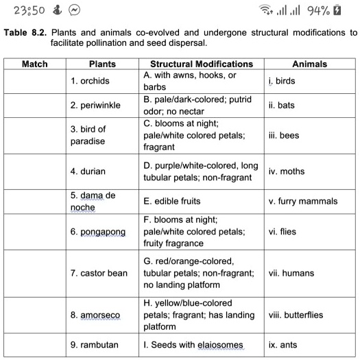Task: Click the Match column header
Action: [x=35, y=64]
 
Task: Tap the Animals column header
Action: [x=310, y=64]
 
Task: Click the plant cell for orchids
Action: [x=90, y=81]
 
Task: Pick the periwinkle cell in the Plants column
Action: [x=94, y=106]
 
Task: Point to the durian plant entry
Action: [x=88, y=171]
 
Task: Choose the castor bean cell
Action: [x=99, y=273]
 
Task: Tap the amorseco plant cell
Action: [x=95, y=315]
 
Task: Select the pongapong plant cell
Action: [x=98, y=232]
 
